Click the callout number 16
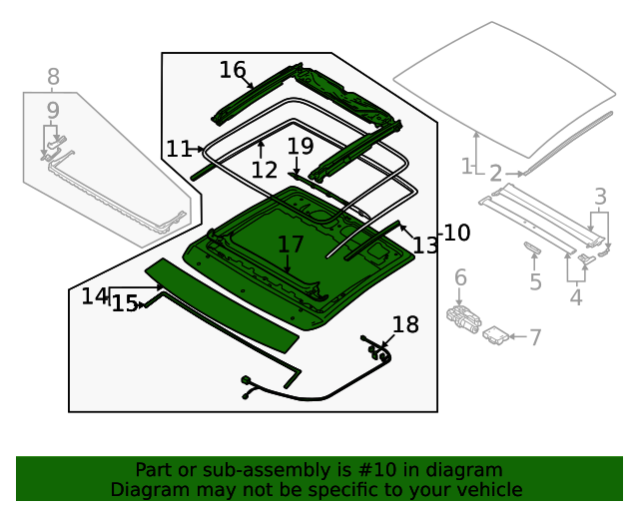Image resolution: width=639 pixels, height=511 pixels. tap(232, 70)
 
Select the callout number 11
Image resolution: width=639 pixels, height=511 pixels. tap(179, 150)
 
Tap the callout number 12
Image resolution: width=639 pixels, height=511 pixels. tap(264, 171)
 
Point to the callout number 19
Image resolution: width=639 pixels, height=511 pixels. tap(300, 147)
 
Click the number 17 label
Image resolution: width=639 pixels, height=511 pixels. tap(290, 245)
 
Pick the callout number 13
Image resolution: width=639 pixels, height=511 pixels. tap(425, 246)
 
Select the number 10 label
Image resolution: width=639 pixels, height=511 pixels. tap(456, 234)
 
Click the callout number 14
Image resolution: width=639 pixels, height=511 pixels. tap(95, 296)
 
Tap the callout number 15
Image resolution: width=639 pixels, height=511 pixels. tap(125, 303)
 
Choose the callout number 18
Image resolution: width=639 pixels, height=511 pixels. tap(405, 324)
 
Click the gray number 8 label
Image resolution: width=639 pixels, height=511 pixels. tap(53, 77)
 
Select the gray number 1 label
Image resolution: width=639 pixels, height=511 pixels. tap(466, 166)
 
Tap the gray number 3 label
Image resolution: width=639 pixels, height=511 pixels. tap(600, 196)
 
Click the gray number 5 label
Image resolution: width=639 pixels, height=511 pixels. tap(535, 282)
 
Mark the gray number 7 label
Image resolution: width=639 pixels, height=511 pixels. tap(535, 338)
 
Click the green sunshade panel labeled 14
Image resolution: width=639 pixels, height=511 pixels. tap(222, 305)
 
